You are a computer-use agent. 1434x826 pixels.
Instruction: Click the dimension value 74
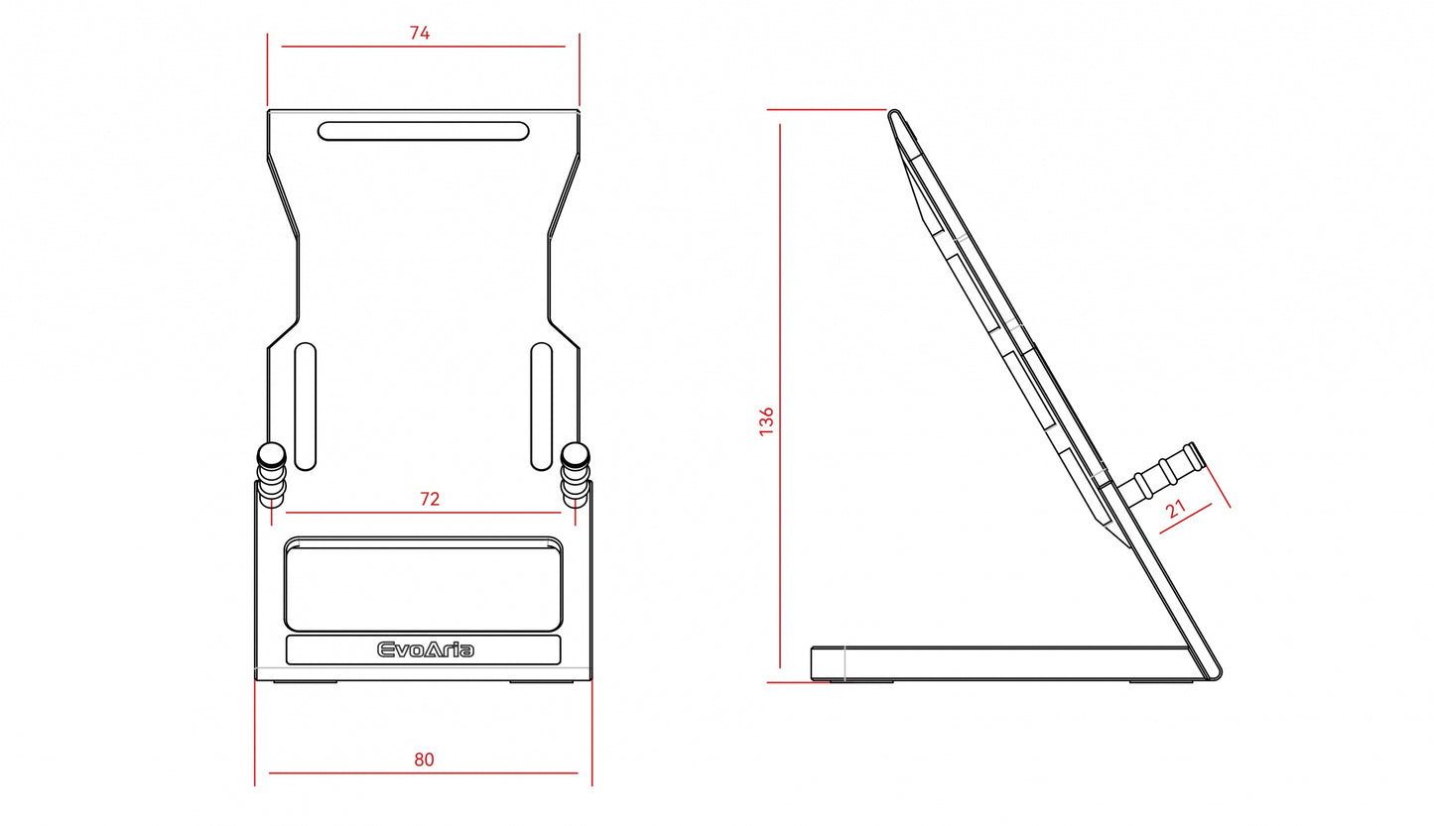click(x=420, y=33)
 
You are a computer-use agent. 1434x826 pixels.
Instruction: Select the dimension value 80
click(x=424, y=760)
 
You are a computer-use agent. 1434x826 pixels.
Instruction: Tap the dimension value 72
click(x=430, y=499)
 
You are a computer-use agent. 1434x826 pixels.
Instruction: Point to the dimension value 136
click(x=766, y=421)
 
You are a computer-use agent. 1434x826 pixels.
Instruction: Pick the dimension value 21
click(x=1175, y=510)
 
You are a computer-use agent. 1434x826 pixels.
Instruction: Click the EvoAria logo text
click(x=426, y=650)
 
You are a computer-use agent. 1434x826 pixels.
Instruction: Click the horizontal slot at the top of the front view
click(x=423, y=131)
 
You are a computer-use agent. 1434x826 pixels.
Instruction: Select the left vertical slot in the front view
click(x=306, y=407)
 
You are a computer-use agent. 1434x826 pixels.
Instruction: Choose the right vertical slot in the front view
click(x=542, y=407)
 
